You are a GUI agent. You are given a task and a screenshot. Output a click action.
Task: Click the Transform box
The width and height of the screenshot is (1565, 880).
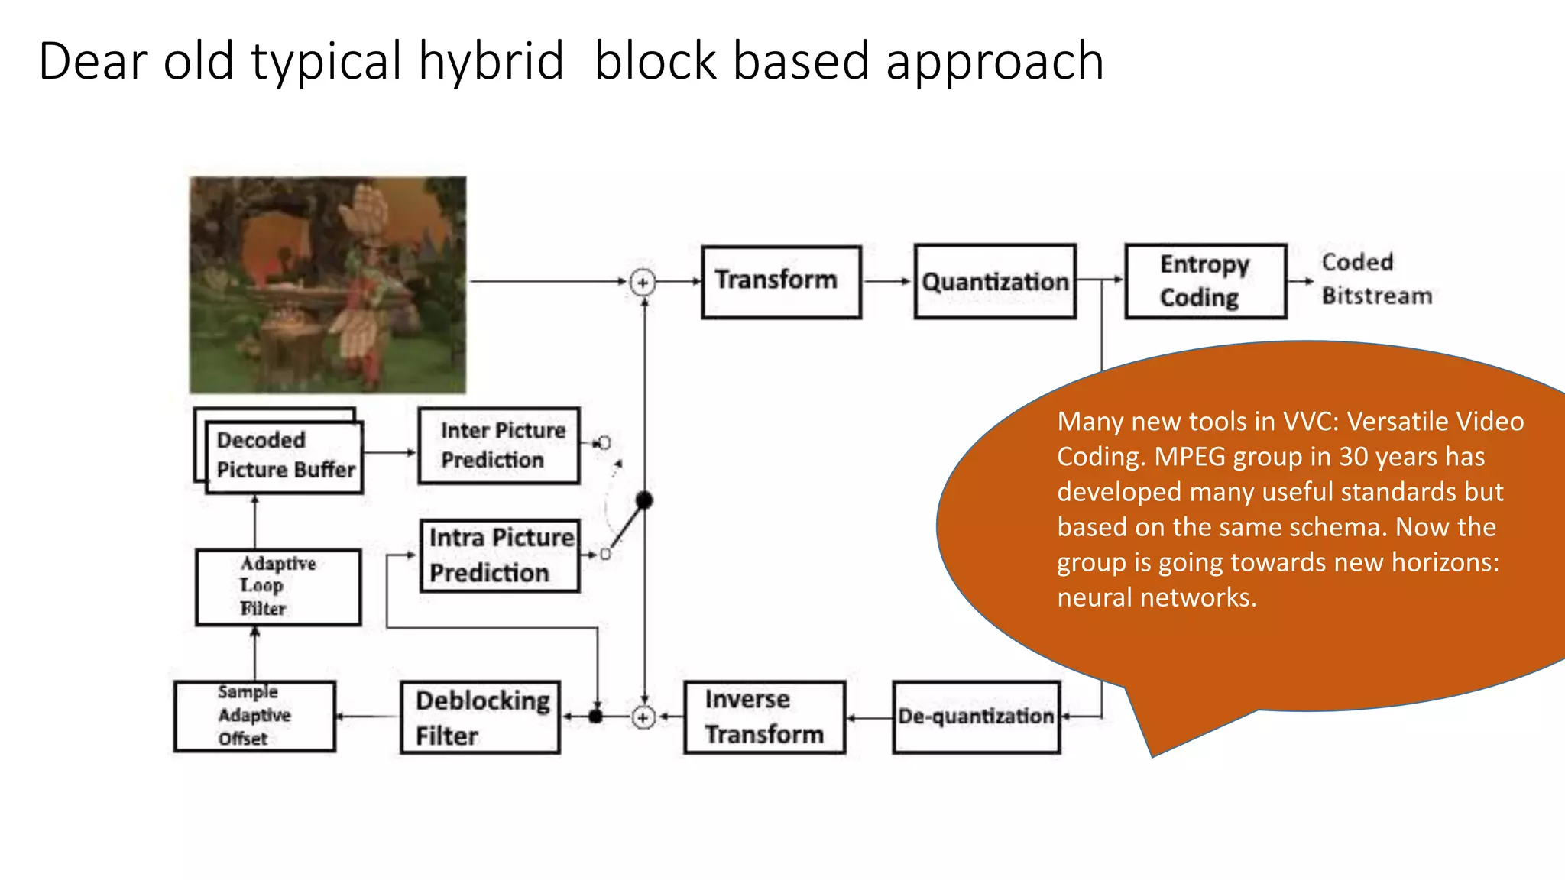point(781,282)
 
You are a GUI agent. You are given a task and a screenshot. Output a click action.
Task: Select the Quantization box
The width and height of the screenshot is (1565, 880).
point(994,282)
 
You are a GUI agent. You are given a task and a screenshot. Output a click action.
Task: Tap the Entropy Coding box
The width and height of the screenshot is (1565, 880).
point(1205,281)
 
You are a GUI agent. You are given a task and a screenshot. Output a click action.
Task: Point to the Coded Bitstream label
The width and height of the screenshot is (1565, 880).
point(1375,280)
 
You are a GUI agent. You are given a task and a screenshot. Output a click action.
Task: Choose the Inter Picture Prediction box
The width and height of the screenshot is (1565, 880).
point(499,446)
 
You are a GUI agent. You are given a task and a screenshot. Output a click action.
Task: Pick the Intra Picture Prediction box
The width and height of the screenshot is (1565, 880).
point(500,556)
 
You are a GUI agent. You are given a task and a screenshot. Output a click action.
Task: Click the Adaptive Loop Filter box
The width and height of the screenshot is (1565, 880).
point(278,587)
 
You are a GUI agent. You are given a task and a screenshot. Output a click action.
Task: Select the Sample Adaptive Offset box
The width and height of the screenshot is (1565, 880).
point(254,716)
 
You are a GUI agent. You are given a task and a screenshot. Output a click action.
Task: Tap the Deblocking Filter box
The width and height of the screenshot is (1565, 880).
point(480,717)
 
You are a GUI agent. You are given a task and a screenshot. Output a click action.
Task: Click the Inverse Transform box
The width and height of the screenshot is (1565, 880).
point(764,717)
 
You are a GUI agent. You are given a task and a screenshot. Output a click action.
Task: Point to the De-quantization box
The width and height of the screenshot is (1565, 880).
point(976,717)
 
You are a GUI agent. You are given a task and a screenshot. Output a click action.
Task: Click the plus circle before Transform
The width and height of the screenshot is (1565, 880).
point(643,283)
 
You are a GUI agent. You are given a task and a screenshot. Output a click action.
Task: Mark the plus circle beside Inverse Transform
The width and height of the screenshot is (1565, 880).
point(643,717)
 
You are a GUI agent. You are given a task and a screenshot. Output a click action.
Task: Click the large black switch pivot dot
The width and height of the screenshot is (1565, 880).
point(644,500)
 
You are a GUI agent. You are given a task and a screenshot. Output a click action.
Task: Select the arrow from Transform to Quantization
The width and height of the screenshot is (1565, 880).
point(887,282)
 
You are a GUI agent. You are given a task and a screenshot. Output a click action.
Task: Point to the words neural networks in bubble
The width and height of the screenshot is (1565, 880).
point(1156,597)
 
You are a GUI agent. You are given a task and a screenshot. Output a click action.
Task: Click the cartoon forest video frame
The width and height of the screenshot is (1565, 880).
point(328,285)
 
